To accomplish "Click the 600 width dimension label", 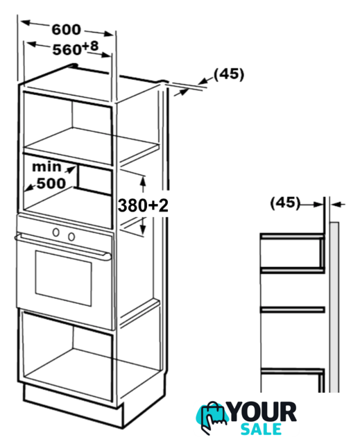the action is click(66, 29).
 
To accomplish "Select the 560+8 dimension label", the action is click(76, 48).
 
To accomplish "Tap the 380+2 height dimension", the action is click(143, 205).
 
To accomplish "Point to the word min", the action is click(46, 166).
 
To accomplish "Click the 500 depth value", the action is click(51, 183).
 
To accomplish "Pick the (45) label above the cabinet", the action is click(229, 74).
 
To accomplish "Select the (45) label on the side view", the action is click(285, 203).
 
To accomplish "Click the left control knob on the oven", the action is click(56, 232).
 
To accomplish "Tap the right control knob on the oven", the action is click(71, 237).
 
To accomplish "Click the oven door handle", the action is click(63, 246).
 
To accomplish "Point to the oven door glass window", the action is click(63, 278).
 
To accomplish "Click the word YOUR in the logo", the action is click(262, 412).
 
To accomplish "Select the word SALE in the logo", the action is click(261, 429).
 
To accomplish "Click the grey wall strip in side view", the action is click(334, 307).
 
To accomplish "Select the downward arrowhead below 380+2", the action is click(143, 229).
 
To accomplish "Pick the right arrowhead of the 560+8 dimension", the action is click(106, 55).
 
